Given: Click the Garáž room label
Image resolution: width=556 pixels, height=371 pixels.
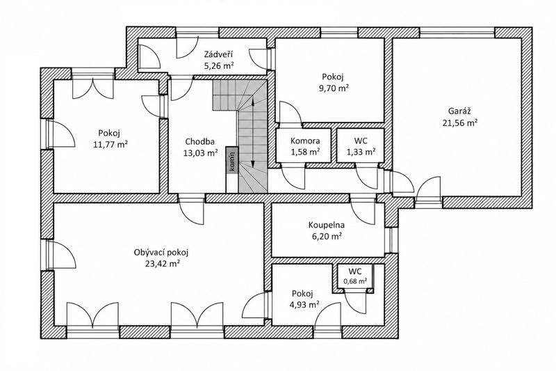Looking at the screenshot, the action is [459, 111].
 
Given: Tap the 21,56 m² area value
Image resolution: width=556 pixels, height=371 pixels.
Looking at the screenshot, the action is [459, 123].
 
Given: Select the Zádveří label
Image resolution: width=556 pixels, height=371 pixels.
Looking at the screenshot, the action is [218, 54].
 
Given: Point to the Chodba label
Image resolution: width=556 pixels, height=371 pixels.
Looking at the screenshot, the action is [199, 142].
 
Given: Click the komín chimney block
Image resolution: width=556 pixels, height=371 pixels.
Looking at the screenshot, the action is [232, 161].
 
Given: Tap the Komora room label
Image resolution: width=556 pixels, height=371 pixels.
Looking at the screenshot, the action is [305, 141].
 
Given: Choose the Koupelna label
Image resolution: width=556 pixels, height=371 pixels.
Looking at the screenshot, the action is [327, 225].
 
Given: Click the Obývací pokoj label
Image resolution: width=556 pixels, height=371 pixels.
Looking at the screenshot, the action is [161, 253].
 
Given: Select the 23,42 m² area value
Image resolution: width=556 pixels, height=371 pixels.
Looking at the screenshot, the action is [161, 264].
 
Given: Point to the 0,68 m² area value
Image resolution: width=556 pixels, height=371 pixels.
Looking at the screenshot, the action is [355, 281].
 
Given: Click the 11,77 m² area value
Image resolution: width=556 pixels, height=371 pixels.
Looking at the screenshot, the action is [110, 145].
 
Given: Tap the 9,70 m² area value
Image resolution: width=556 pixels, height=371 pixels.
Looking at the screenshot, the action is [334, 88].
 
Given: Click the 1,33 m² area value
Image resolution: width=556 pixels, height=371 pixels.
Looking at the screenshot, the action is [361, 152].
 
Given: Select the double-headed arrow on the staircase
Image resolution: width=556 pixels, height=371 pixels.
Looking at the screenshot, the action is [253, 132].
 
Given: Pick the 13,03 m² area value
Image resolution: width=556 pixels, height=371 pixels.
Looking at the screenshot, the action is [200, 153].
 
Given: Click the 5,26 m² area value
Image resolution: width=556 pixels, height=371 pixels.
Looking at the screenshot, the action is [219, 65].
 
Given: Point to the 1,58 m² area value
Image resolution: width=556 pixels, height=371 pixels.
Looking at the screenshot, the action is [305, 152].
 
